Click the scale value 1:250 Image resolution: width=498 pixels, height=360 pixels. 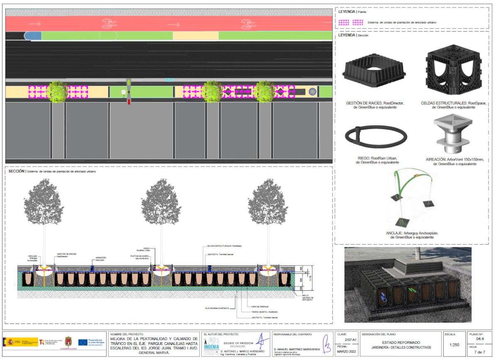tap(454, 345)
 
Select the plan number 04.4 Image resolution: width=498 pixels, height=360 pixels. tap(480, 338)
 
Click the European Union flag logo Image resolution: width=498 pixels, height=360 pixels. tap(83, 342)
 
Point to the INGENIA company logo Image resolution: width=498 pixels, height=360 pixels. tap(211, 345)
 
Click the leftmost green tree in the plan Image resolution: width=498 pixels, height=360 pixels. tap(58, 92)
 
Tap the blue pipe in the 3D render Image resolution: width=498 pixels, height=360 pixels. tap(384, 298)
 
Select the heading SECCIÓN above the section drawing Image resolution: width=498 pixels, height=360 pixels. tap(16, 171)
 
